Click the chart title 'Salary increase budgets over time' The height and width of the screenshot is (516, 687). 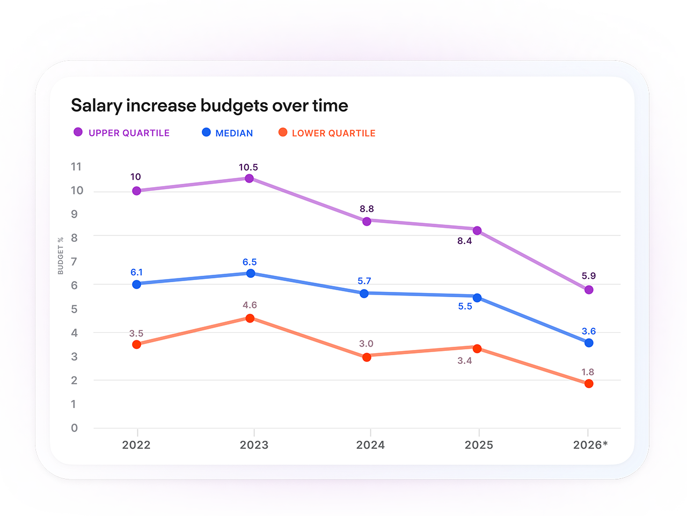point(209,105)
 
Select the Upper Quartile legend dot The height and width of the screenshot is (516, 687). point(78,132)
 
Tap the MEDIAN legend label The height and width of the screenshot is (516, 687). point(234,133)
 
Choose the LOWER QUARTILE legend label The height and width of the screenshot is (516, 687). point(333,133)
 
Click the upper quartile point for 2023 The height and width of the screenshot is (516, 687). point(249,178)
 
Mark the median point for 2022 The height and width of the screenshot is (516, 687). point(136,284)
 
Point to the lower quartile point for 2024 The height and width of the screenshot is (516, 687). point(367,357)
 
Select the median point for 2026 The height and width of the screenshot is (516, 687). point(588,343)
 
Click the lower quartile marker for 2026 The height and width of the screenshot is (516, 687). point(588,383)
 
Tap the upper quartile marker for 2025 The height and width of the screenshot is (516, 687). point(477,231)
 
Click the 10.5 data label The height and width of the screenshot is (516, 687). point(248,167)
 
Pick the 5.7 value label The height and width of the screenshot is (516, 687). point(364,281)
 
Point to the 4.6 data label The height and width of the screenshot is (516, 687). point(250,305)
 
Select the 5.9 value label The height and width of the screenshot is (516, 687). point(588,276)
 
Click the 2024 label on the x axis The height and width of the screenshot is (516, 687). point(370,445)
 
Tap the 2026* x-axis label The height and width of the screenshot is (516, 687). point(590,445)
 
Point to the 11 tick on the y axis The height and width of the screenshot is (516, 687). point(76,167)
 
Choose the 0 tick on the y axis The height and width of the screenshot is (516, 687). point(74,428)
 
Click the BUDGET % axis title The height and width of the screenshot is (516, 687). point(61,256)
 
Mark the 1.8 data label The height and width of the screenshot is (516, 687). point(588,372)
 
